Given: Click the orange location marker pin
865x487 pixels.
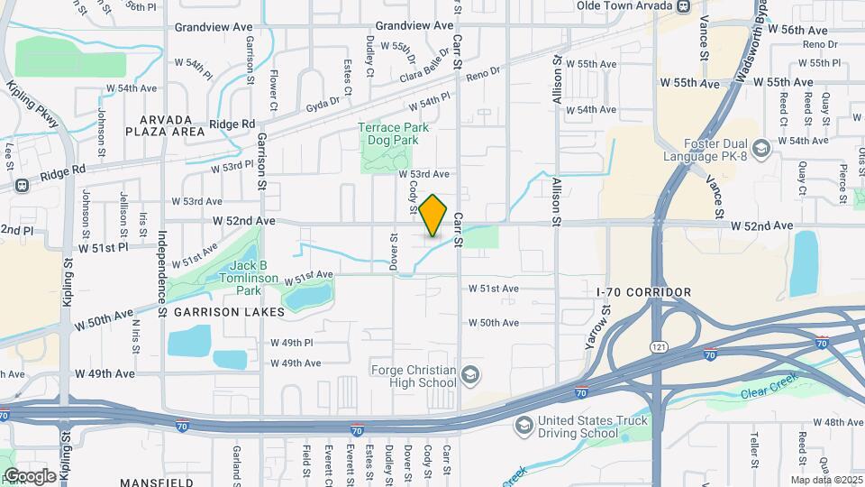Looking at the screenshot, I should point(433,216).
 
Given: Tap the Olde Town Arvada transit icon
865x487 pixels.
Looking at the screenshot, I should point(684,6).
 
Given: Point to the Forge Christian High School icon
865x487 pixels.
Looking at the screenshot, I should point(469,374).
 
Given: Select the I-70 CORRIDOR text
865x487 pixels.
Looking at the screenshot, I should point(644,292).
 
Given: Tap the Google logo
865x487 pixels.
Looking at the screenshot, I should point(29,475).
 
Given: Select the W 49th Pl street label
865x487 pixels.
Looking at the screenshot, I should point(291,343).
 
